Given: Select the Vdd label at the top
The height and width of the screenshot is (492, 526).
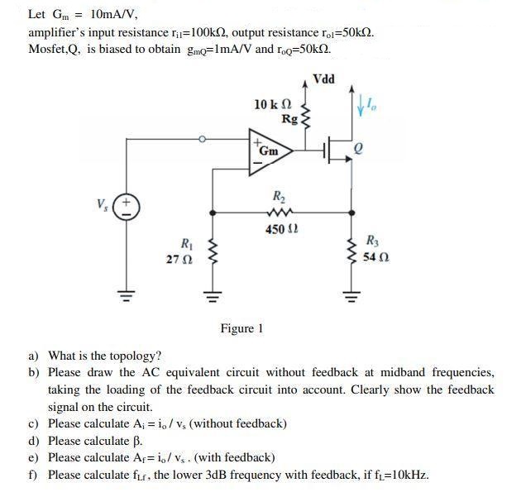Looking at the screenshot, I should [x=324, y=79].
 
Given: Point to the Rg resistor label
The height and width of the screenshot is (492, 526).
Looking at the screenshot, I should [x=289, y=119].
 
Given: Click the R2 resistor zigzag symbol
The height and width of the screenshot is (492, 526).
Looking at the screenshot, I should [x=278, y=212].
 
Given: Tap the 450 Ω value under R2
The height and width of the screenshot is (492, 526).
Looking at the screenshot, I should [x=276, y=229].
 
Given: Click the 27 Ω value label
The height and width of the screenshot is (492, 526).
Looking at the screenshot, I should [x=179, y=259].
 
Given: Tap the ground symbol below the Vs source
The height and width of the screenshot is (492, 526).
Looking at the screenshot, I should [x=127, y=294].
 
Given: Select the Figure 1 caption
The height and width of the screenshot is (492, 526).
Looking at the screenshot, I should [x=241, y=329].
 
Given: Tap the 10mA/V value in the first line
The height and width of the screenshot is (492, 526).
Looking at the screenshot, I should [x=108, y=14].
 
